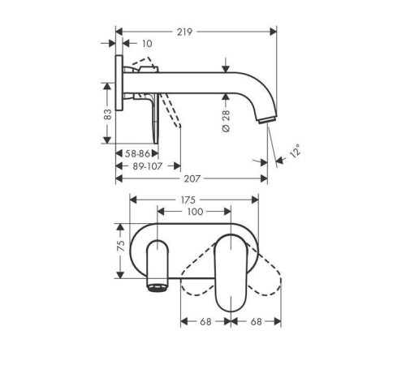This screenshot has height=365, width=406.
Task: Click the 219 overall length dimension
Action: (x=184, y=32)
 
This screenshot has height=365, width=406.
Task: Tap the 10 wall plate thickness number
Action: (x=147, y=44)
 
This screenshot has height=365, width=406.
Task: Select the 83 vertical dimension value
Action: (x=107, y=114)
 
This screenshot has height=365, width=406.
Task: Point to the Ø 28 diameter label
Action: (x=226, y=121)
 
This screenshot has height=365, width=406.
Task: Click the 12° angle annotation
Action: (x=296, y=151)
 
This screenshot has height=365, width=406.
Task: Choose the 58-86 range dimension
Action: (x=137, y=154)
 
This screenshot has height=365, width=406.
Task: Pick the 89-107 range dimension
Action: (x=148, y=166)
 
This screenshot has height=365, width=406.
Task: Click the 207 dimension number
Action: (x=192, y=178)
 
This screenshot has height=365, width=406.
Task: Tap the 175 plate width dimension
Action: (x=188, y=200)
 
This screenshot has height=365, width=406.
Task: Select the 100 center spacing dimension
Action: (x=195, y=212)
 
